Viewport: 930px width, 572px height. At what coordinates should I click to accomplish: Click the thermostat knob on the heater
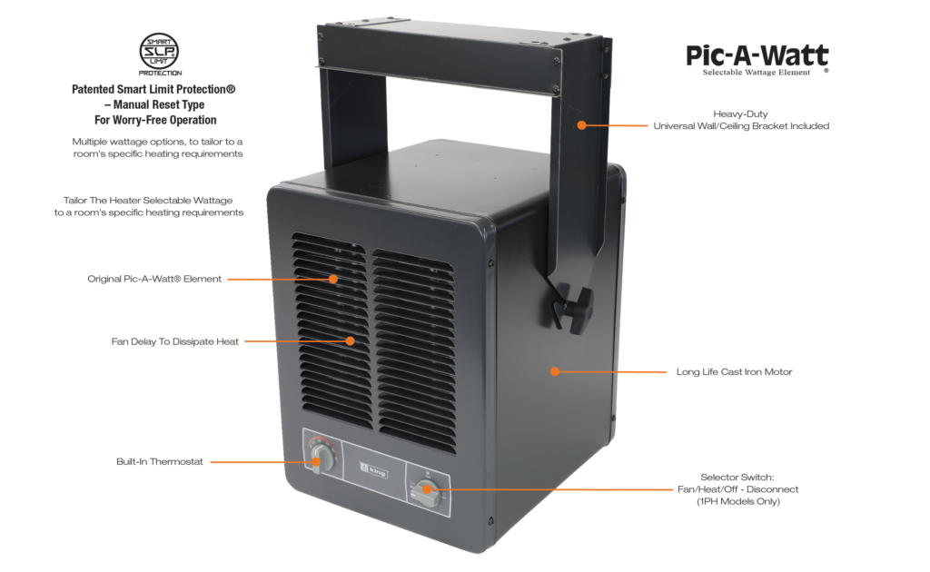(x=319, y=459)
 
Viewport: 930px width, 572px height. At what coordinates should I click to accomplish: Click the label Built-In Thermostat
(x=160, y=461)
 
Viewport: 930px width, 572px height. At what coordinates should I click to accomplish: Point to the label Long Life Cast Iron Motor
(x=734, y=371)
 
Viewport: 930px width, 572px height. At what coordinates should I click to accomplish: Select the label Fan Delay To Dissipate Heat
(x=175, y=341)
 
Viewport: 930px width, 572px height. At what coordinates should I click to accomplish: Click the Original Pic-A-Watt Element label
(x=154, y=279)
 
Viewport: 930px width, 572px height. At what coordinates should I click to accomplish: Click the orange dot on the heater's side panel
(x=555, y=371)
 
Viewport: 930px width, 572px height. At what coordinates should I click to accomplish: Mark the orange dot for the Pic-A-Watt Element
(x=334, y=279)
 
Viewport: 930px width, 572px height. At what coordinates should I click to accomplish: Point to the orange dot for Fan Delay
(x=350, y=341)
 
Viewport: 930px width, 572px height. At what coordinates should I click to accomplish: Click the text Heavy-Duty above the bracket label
(x=741, y=113)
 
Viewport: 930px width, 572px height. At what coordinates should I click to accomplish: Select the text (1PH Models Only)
(x=737, y=501)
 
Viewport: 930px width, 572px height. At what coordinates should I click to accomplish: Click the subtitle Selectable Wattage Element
(x=757, y=72)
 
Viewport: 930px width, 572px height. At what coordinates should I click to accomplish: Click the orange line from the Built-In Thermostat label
(x=262, y=461)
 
